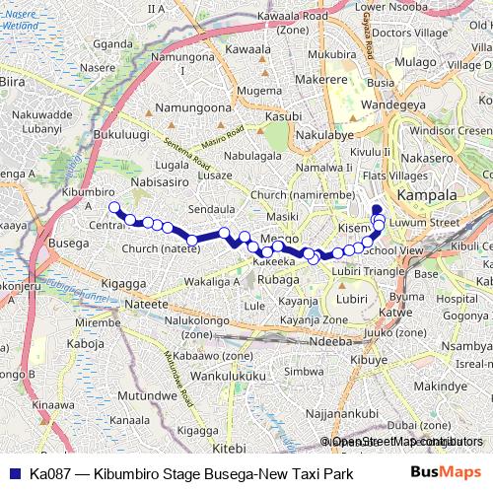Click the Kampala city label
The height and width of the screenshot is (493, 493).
pos(427,195)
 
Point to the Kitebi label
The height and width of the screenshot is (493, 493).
pos(227,449)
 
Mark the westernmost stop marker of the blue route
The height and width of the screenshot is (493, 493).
pos(113,207)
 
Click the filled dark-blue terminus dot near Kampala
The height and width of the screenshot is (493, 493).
pos(376,208)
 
